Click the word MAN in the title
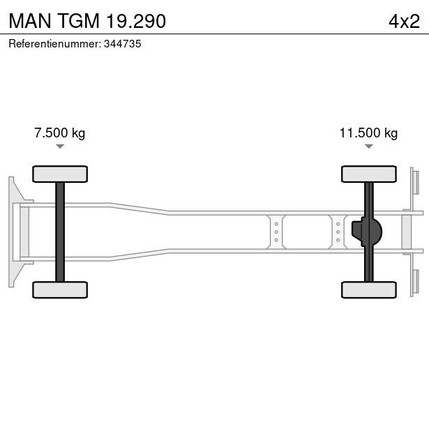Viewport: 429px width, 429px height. pos(30,21)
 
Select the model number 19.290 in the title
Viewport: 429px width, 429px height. pos(136,21)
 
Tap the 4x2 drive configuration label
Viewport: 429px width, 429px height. pos(404,22)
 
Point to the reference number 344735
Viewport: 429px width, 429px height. pos(123,44)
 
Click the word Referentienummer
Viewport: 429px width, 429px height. pos(55,44)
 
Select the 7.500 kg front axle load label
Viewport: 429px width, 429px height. pos(60,133)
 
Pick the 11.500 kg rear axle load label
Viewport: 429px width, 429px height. pos(368,133)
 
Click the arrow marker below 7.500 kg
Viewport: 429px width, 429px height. pos(60,146)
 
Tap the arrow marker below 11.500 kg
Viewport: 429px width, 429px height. pos(369,146)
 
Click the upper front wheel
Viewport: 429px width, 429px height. pos(60,174)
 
